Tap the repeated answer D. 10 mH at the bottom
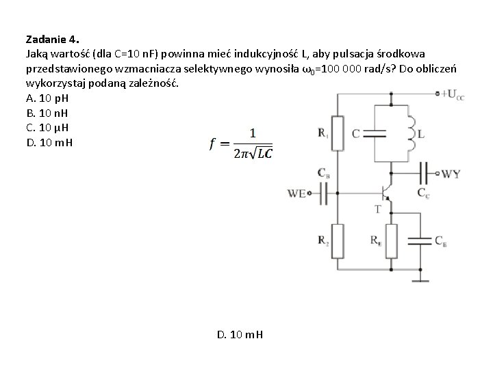[240, 335]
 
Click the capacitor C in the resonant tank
[375, 134]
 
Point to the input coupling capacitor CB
[324, 193]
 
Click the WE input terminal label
[297, 194]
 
